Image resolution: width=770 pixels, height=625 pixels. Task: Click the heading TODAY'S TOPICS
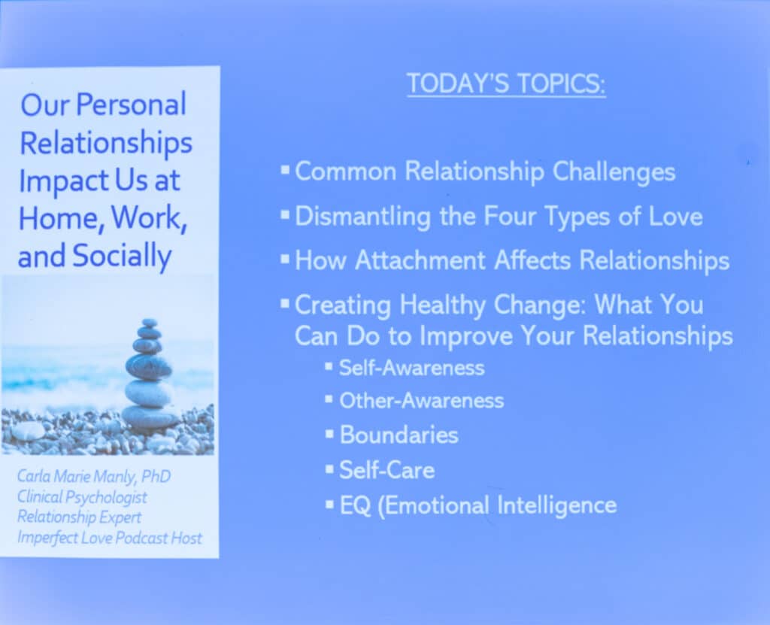click(506, 83)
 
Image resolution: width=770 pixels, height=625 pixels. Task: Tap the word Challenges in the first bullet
click(614, 172)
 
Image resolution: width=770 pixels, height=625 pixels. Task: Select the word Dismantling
click(363, 217)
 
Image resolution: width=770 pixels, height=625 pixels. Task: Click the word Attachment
click(420, 260)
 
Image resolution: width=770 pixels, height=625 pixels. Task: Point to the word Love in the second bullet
click(676, 216)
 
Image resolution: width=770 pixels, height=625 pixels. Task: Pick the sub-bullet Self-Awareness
click(411, 368)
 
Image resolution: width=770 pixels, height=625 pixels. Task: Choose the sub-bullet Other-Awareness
click(421, 401)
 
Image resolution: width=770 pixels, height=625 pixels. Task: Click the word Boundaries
click(399, 435)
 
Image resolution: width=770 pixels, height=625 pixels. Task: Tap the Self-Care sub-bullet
click(387, 470)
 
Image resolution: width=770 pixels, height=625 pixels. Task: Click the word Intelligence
click(557, 506)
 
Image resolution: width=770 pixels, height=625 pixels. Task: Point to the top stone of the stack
click(149, 323)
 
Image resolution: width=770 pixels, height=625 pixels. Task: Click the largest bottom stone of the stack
click(150, 417)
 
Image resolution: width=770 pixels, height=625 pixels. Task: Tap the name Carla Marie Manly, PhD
click(94, 476)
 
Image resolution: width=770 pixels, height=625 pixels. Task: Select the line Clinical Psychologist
click(82, 496)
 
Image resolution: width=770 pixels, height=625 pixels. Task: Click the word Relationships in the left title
click(105, 143)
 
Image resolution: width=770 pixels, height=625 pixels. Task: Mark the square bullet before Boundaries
click(329, 434)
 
